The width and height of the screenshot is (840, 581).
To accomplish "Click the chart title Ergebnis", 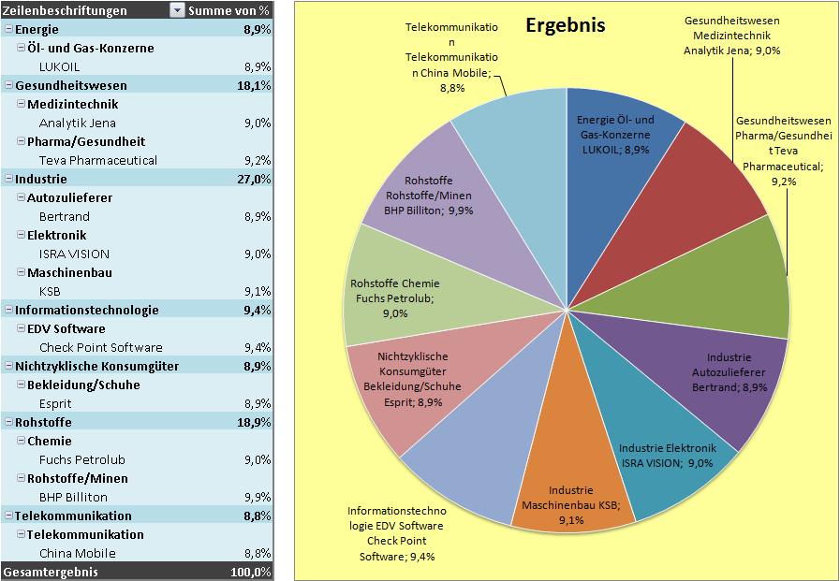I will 565,25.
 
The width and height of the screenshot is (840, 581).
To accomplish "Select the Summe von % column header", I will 228,10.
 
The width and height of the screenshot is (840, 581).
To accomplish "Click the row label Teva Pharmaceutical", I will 97,160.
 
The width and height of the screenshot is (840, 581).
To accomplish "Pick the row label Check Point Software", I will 100,347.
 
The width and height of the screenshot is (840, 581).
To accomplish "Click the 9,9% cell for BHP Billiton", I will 258,497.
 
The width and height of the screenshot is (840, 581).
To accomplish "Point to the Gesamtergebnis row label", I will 51,571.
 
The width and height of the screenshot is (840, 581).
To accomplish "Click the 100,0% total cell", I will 251,571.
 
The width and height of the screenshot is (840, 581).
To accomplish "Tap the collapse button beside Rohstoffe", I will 8,422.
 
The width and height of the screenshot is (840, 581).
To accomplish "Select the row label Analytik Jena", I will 77,123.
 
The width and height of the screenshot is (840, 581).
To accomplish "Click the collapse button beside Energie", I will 8,29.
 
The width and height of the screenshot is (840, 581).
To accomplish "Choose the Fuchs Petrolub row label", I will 81,459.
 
